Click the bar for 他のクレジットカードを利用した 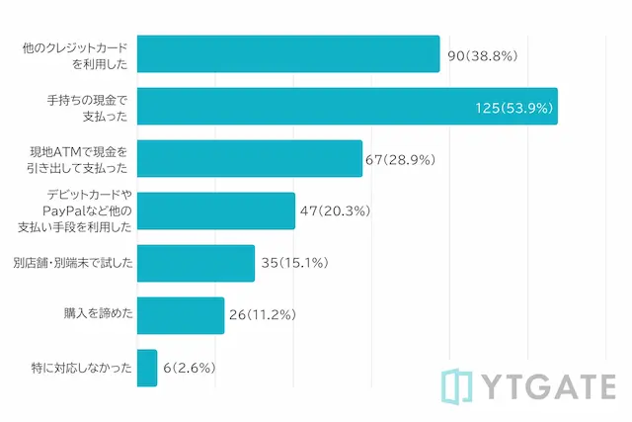(287, 54)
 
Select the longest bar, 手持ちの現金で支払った (347, 106)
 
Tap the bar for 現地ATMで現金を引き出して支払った (249, 158)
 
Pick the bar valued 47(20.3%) (215, 211)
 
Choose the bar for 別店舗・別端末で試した (196, 263)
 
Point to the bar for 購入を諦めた (180, 315)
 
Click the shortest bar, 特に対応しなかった (147, 368)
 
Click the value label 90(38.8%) (483, 54)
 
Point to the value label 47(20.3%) (335, 211)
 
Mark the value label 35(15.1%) (294, 263)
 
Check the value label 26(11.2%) (263, 315)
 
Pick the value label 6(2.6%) (190, 368)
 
